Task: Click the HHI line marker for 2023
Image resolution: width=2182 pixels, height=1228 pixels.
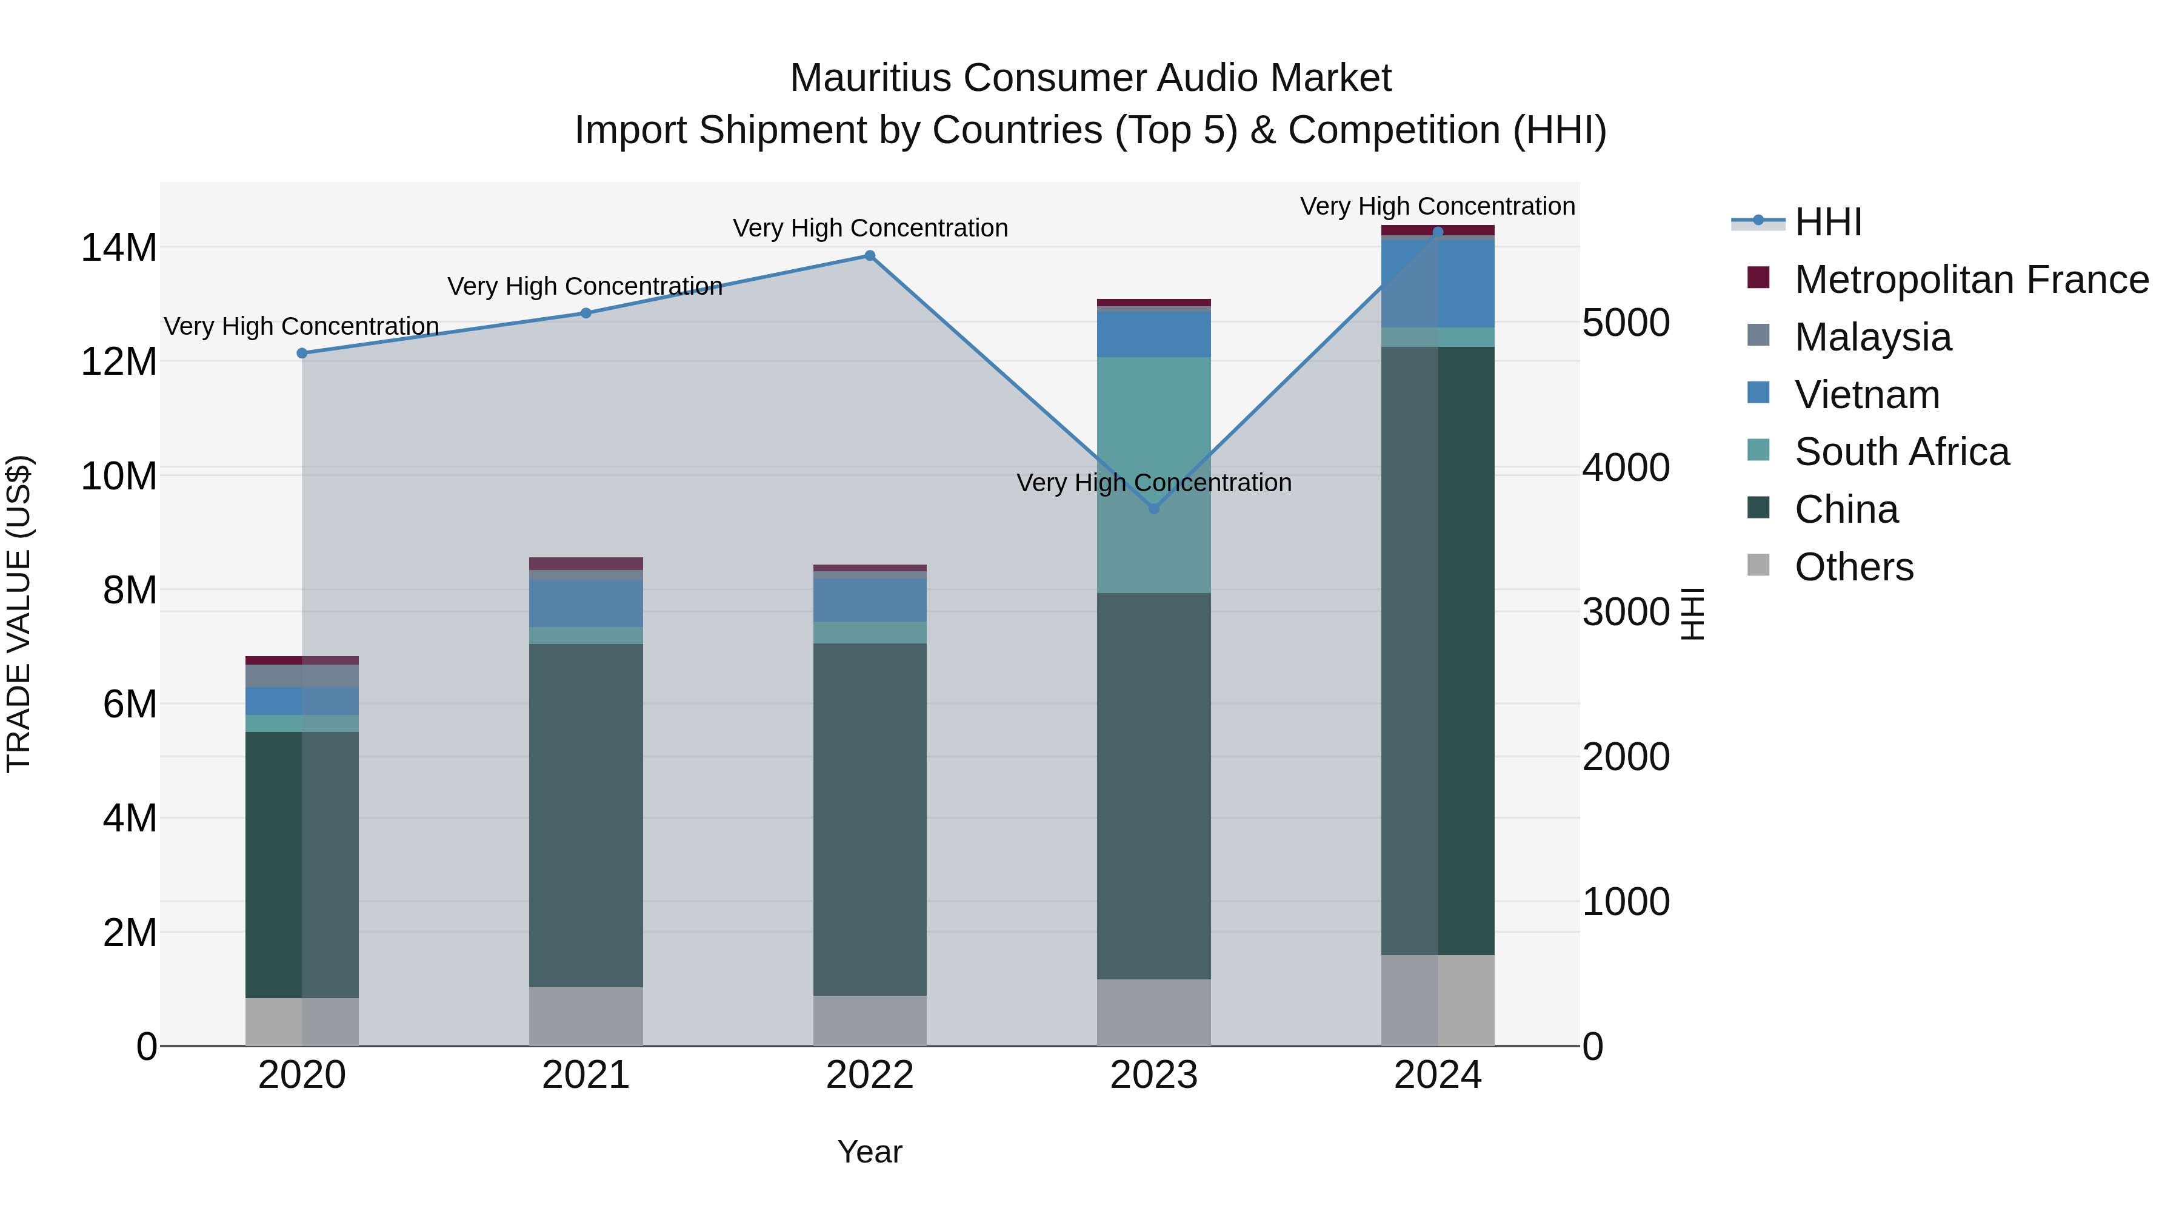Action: [x=1153, y=509]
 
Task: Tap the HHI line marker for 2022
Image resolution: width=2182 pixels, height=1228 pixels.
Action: [x=869, y=256]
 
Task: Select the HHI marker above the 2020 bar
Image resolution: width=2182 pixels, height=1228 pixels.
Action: [x=302, y=354]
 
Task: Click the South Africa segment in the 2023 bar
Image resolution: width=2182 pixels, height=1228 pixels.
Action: [x=1153, y=475]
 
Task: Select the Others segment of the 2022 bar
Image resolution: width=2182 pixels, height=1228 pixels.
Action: [x=869, y=1021]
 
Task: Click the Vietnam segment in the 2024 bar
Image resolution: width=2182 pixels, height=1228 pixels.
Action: [x=1438, y=284]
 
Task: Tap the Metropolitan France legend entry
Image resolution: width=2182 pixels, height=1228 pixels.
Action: [x=1970, y=280]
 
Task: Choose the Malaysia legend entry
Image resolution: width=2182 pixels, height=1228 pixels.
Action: [x=1872, y=337]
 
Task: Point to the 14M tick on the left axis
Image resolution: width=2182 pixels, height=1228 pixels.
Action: [x=119, y=248]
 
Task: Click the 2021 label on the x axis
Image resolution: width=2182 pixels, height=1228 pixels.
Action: [x=586, y=1075]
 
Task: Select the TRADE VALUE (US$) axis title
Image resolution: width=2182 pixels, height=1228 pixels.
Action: [x=19, y=614]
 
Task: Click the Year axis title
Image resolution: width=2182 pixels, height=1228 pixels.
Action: [x=869, y=1152]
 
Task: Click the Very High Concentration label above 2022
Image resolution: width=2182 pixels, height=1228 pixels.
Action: [x=870, y=228]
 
